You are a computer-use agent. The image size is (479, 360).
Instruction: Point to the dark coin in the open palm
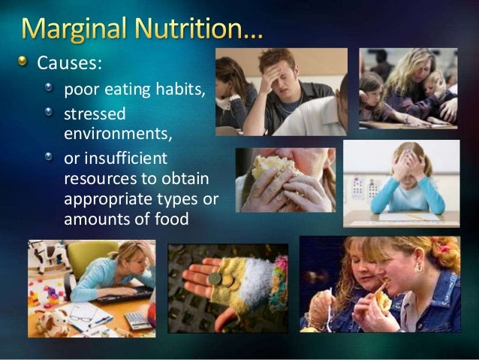215,280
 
